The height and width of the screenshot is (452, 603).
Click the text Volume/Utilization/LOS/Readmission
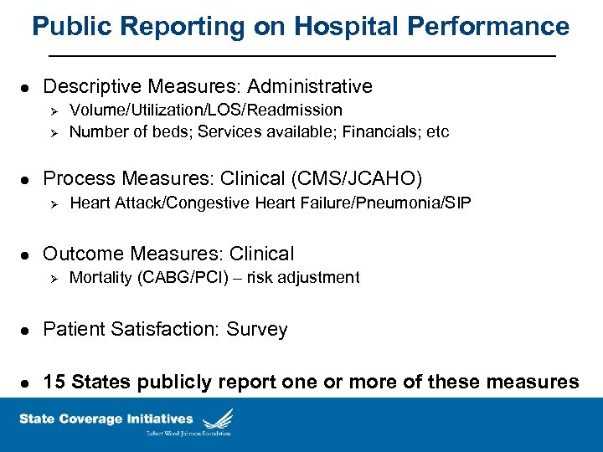[206, 110]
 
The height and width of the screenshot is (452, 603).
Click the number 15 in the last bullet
[54, 382]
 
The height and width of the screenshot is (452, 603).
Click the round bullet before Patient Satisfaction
[26, 330]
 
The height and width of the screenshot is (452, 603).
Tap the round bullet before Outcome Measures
[26, 254]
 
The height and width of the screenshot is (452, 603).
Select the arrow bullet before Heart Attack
[52, 203]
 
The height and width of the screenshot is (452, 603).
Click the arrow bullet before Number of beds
[52, 132]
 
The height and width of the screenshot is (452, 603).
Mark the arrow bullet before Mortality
[52, 278]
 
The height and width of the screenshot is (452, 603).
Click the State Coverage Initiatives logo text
[106, 419]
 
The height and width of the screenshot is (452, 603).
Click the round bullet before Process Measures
[26, 179]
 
